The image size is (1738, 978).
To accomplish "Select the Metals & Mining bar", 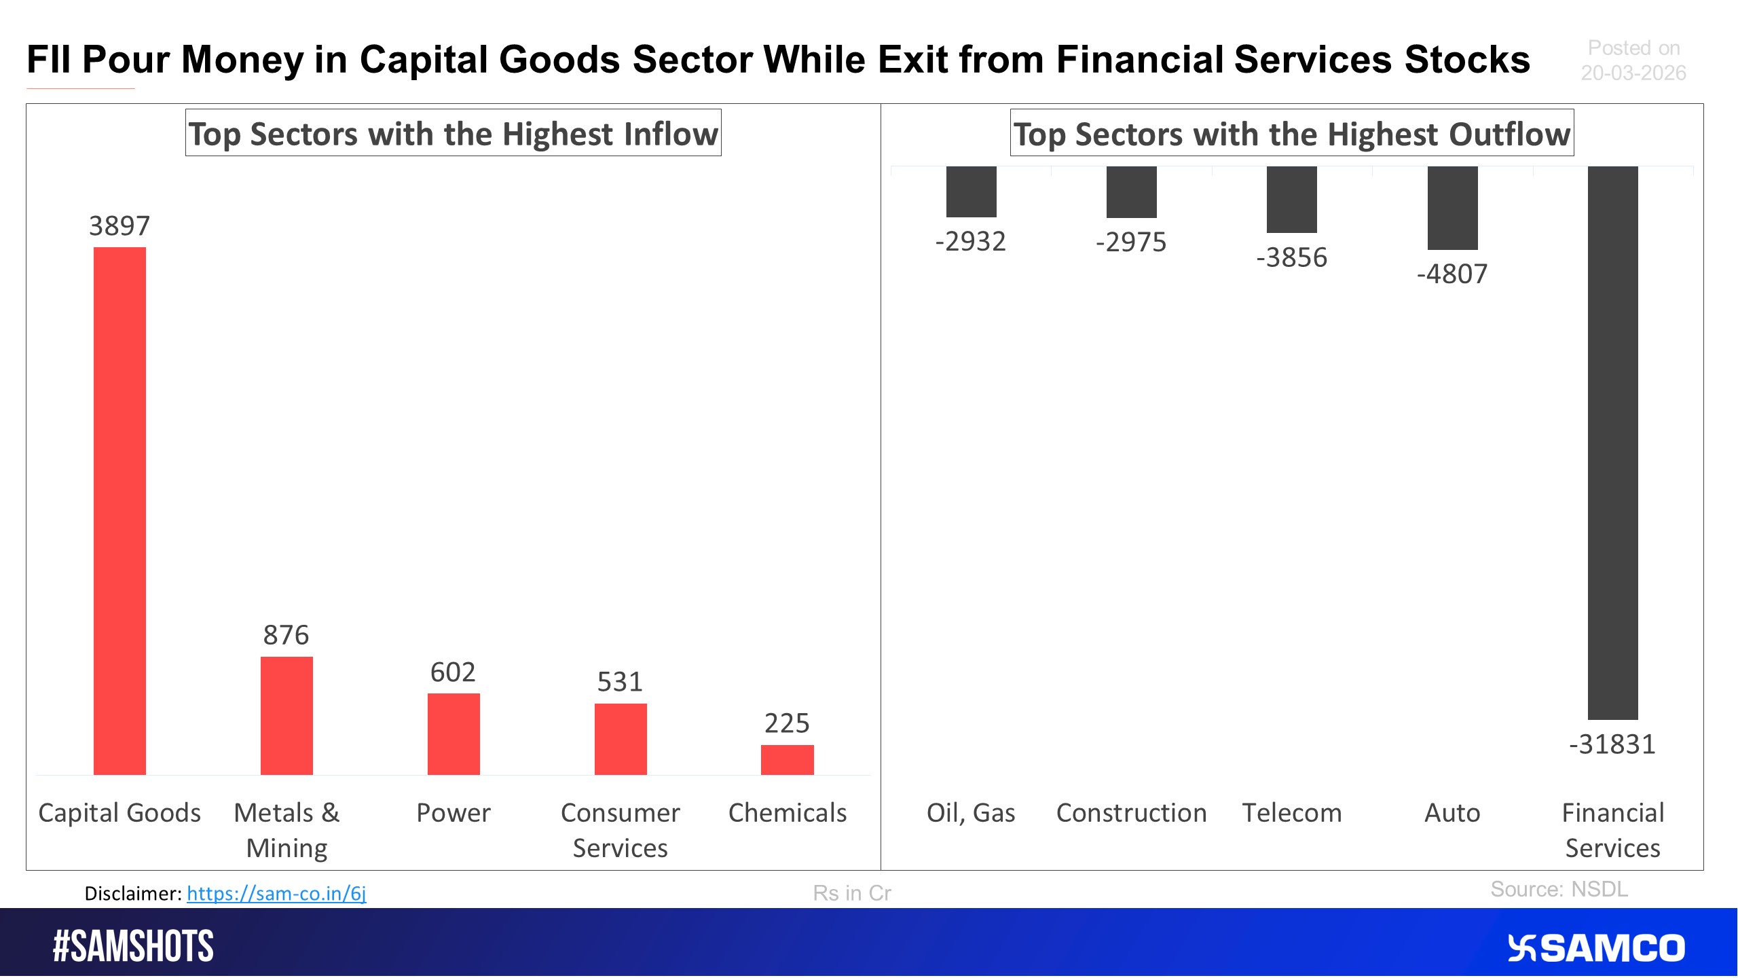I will (286, 715).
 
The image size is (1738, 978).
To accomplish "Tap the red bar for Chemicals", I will (787, 759).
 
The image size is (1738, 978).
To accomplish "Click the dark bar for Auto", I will (1452, 208).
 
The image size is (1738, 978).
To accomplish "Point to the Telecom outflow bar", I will (1291, 200).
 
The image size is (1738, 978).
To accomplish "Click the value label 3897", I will (119, 226).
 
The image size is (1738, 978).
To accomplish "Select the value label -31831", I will (1612, 744).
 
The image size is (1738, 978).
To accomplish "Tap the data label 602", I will (453, 672).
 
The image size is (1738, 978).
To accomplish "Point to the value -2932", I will (970, 242).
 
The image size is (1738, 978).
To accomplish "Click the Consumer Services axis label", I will (620, 830).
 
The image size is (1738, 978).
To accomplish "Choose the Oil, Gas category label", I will (971, 813).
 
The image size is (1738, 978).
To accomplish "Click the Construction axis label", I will (1131, 813).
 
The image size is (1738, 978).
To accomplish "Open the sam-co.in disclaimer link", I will (276, 893).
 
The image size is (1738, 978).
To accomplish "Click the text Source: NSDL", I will (1559, 889).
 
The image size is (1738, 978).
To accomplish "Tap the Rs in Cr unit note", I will (851, 893).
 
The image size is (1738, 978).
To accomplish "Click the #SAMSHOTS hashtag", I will (133, 946).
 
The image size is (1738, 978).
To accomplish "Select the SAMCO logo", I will (1596, 948).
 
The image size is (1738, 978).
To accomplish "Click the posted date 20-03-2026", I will (1633, 73).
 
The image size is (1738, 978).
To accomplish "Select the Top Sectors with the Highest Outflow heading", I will (1291, 134).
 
